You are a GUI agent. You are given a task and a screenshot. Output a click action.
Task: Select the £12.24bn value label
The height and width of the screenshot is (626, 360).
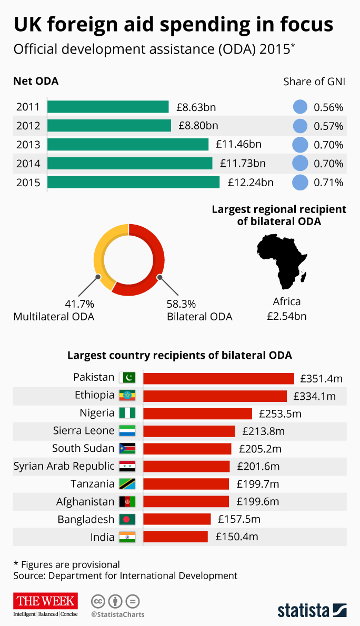pos(251,183)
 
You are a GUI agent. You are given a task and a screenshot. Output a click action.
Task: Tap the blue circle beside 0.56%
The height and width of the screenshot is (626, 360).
pos(299,107)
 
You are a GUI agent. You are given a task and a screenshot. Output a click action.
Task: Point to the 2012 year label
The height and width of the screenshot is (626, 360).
pos(28,126)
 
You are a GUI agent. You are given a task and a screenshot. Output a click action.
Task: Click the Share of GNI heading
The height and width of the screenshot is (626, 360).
pos(314,82)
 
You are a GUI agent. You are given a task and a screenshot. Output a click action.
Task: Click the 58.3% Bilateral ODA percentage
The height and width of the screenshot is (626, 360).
pos(181,304)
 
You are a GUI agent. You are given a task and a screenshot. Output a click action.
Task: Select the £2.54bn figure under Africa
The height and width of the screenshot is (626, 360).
pos(287,316)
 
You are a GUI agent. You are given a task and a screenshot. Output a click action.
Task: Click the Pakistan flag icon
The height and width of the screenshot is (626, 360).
pos(127,378)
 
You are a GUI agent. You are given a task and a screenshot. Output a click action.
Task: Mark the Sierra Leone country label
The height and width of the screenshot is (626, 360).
pos(84,431)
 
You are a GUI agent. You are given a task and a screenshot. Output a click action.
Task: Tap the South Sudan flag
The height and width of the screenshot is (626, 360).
pos(127,449)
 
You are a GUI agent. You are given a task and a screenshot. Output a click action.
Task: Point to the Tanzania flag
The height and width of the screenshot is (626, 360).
pos(127,484)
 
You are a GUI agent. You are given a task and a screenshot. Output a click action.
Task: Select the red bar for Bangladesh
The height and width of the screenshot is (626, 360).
pos(176,520)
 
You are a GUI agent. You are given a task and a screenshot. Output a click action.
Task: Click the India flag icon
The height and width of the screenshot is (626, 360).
pos(127,537)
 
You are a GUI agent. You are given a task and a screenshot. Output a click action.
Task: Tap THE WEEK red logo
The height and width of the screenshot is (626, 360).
pos(45,601)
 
